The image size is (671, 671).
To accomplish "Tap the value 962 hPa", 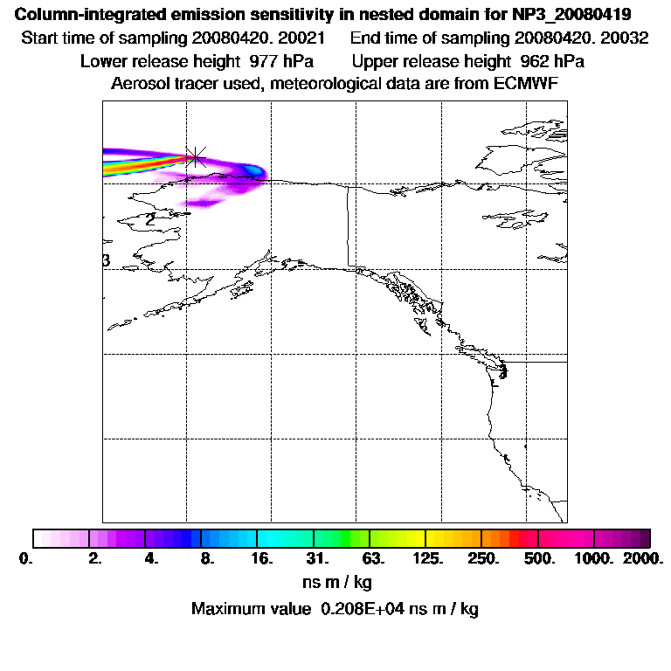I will [x=547, y=62].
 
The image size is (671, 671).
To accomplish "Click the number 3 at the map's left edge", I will [x=106, y=260].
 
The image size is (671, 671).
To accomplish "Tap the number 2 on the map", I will [x=151, y=219].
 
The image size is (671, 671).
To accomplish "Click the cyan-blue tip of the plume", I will [x=254, y=169].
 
